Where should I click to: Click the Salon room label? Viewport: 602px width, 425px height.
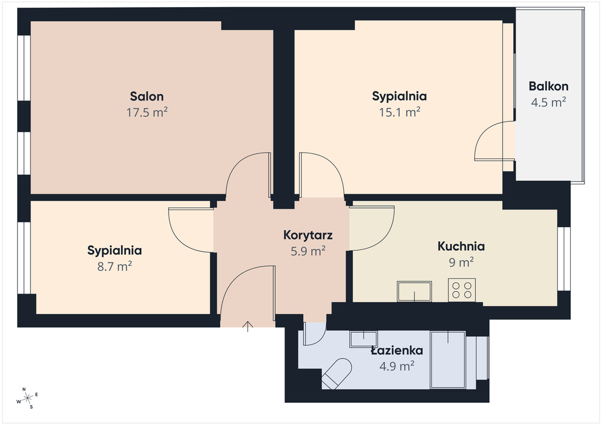146,96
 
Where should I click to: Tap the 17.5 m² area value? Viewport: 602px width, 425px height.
147,112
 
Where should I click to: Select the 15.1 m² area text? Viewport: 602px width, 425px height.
400,112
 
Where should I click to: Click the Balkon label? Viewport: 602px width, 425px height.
549,86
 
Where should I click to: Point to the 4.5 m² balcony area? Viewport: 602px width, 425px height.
549,102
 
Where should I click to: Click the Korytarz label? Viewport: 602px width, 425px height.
308,235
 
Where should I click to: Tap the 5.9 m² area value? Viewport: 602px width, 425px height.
308,251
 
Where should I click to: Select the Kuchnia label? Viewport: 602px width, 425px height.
461,246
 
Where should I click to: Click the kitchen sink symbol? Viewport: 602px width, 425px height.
414,292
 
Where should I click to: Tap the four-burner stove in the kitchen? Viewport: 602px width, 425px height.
462,290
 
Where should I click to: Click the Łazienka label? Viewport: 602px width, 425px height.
397,350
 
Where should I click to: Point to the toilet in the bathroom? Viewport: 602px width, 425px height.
337,374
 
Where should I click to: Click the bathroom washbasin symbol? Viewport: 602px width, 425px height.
363,339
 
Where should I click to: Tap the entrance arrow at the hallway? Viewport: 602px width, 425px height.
248,326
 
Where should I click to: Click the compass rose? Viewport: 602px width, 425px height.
28,399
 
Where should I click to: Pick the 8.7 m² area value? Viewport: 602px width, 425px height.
115,267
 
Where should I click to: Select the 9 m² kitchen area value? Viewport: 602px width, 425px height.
461,262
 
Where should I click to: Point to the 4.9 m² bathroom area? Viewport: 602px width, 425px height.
397,366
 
